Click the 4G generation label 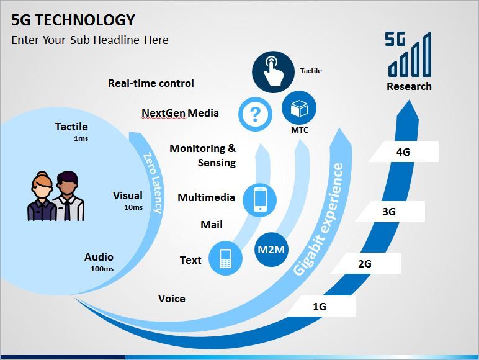[x=403, y=151]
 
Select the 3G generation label [x=389, y=212]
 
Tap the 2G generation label [x=365, y=263]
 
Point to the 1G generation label [x=320, y=306]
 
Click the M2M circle [x=271, y=250]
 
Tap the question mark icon [x=255, y=114]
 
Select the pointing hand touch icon [x=273, y=72]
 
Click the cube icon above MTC [x=299, y=108]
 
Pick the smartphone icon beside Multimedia [x=259, y=200]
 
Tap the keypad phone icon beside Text [x=225, y=258]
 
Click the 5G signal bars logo [x=408, y=54]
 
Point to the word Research [x=409, y=86]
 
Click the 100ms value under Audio [x=102, y=269]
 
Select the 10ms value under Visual [x=133, y=207]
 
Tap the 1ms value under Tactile [x=81, y=138]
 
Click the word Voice [x=172, y=299]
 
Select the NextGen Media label [x=180, y=113]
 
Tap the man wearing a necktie [x=68, y=196]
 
